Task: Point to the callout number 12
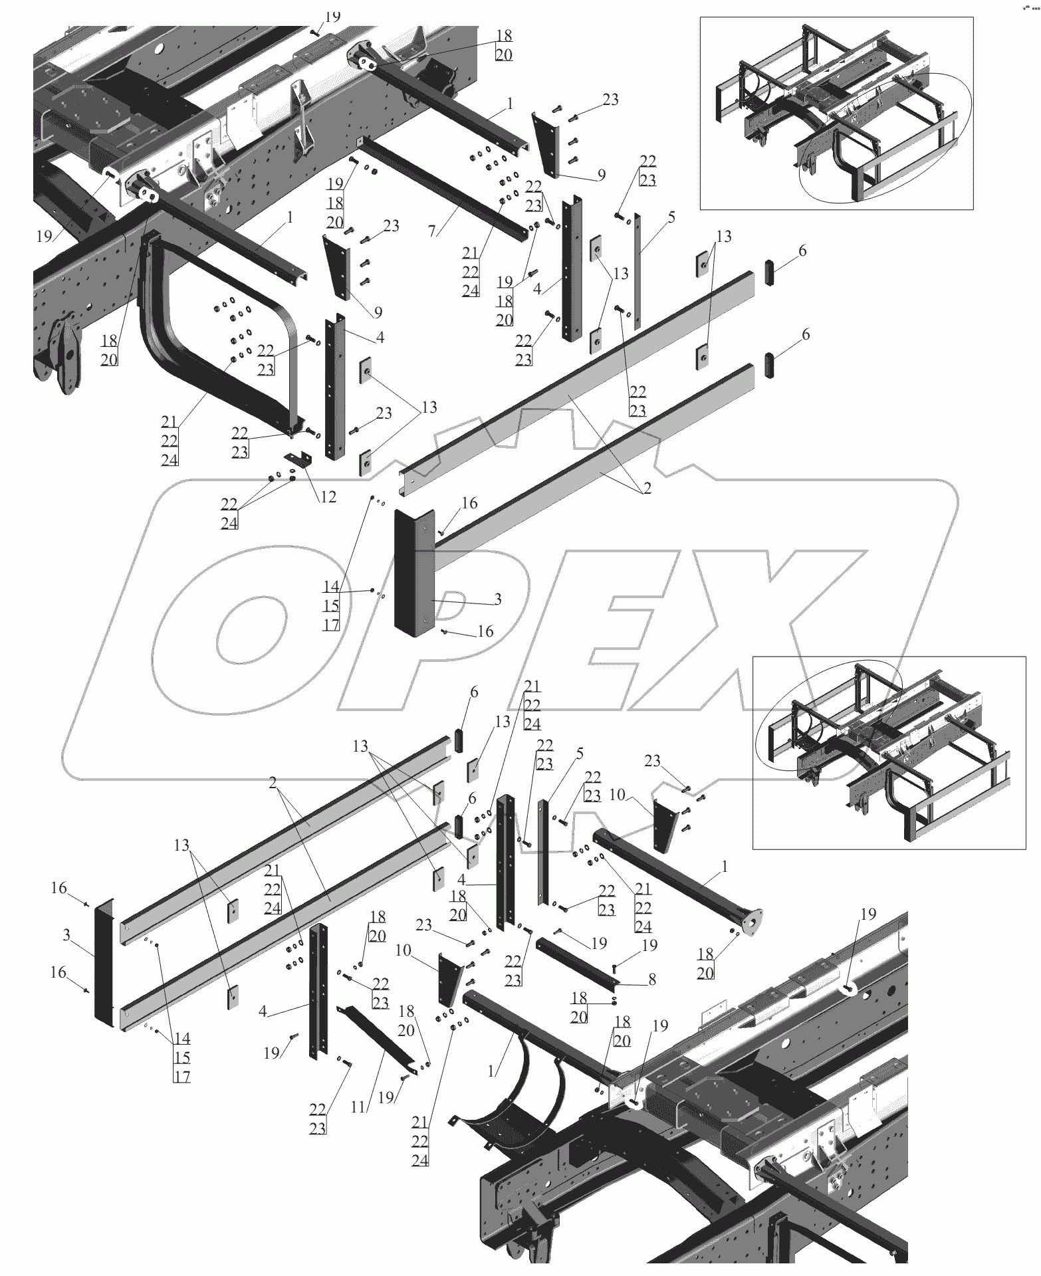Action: [x=327, y=496]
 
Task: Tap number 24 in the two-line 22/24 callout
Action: [x=229, y=523]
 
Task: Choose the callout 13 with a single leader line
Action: [x=503, y=721]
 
